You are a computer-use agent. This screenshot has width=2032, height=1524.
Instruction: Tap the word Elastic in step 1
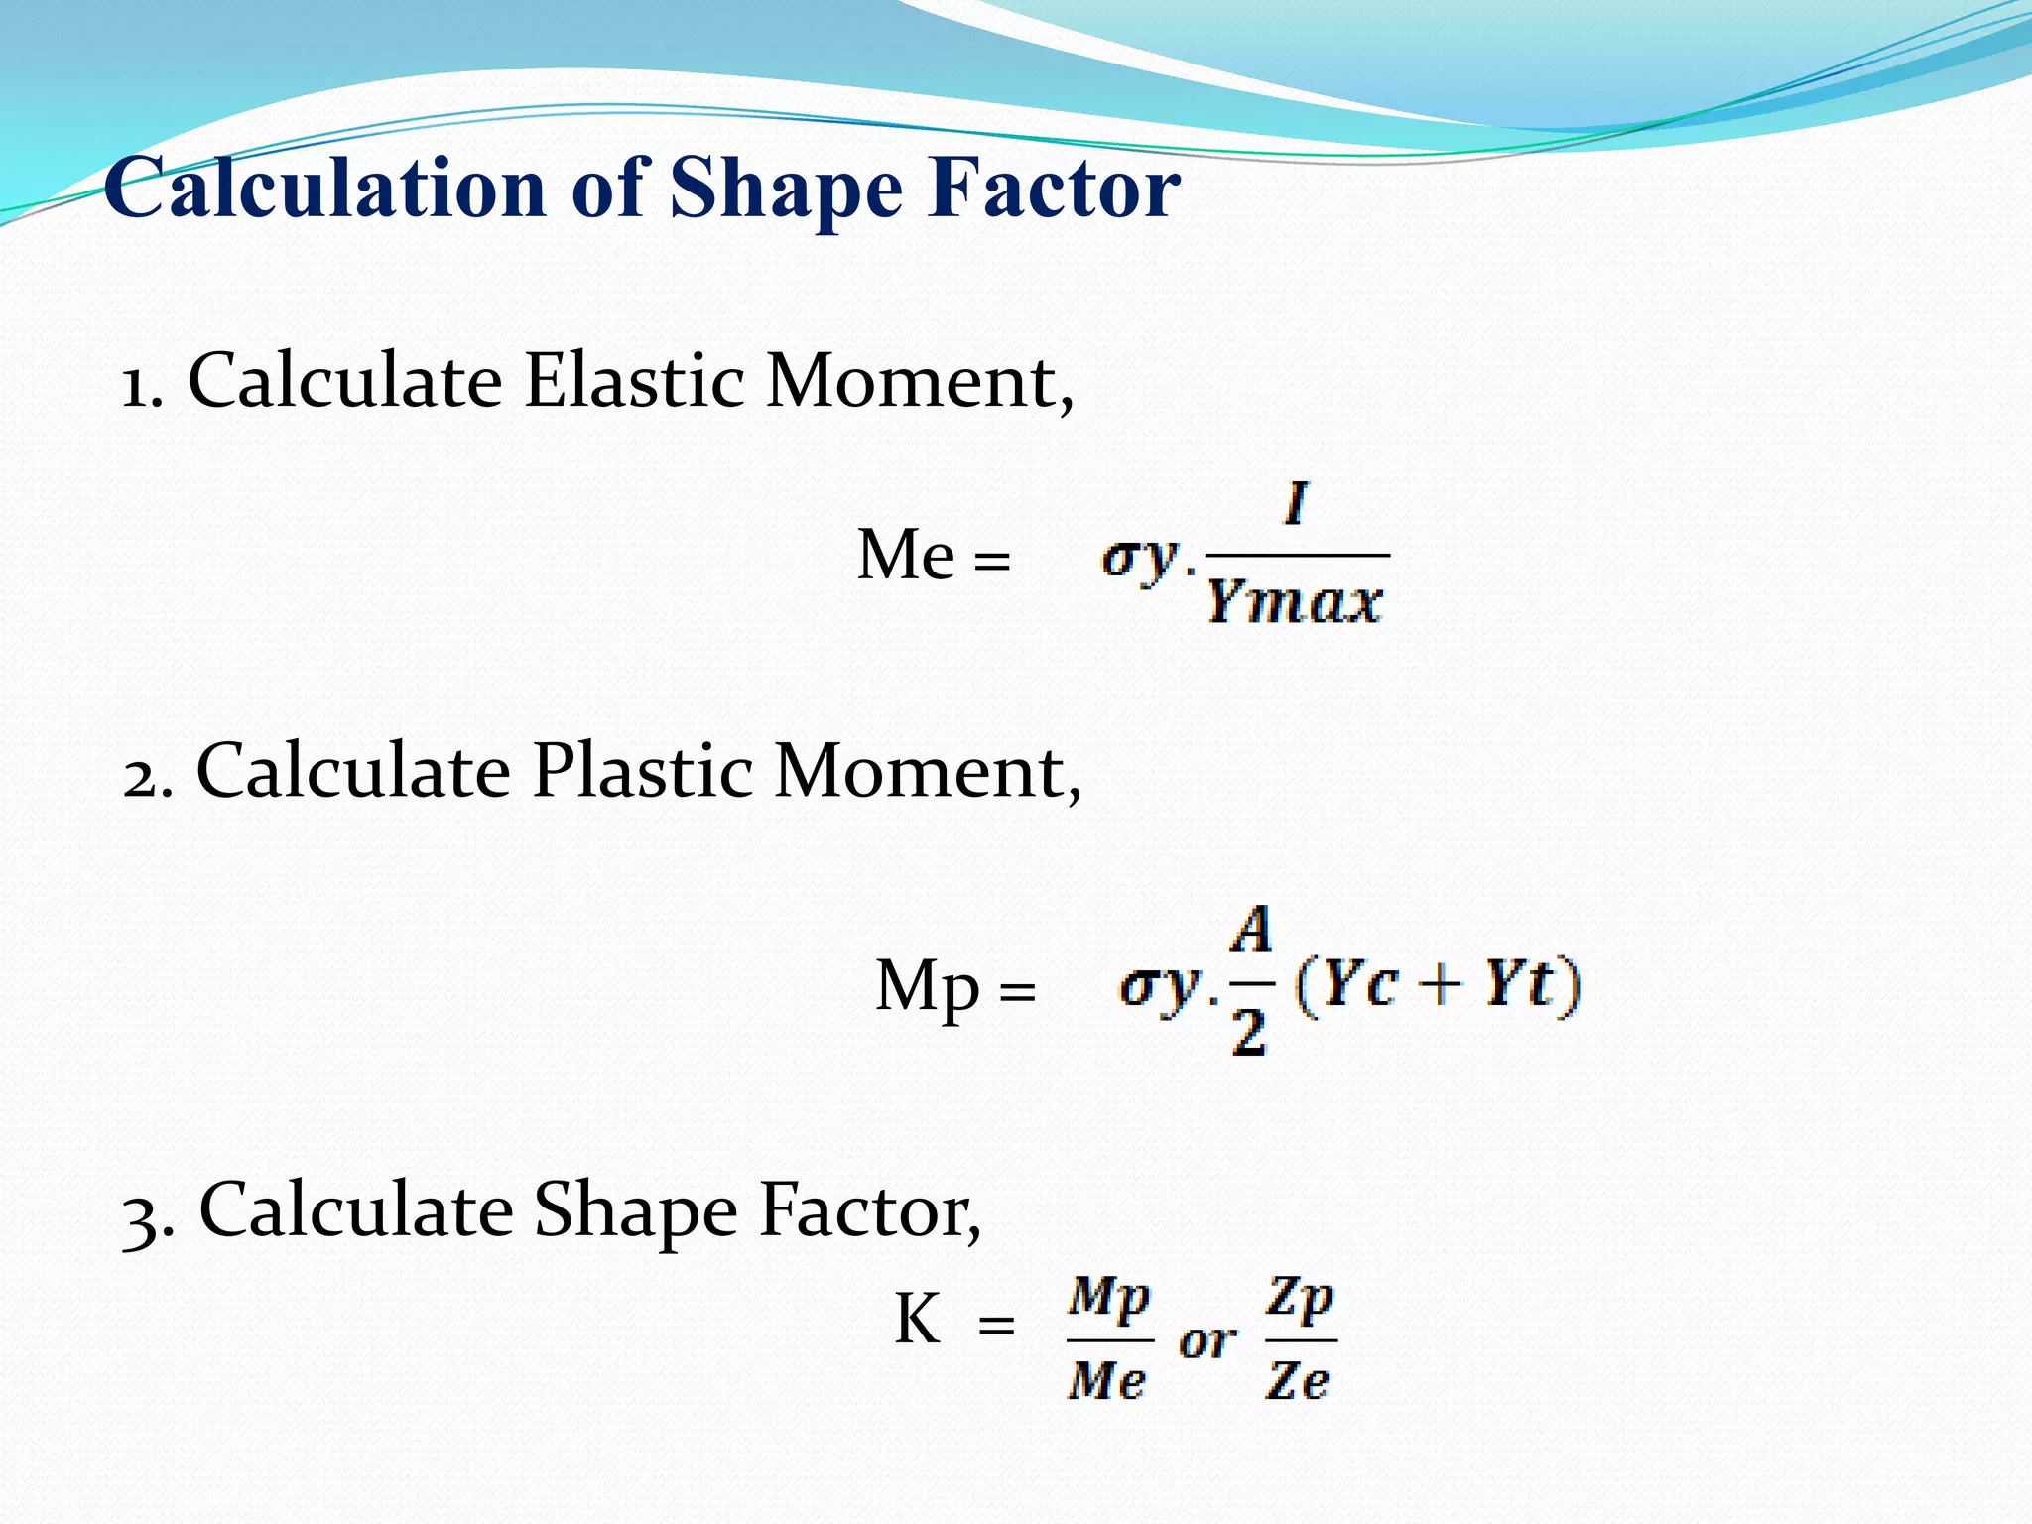click(x=634, y=381)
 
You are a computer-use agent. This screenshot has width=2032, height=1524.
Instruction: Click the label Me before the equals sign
click(x=905, y=555)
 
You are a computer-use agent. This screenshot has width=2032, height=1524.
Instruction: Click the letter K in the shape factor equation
click(x=916, y=1321)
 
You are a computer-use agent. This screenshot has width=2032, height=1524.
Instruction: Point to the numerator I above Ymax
click(x=1295, y=504)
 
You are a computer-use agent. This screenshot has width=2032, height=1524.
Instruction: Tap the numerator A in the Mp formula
click(x=1251, y=931)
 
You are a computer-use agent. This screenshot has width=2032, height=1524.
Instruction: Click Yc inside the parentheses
click(x=1359, y=985)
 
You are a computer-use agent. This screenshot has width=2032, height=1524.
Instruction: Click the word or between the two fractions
click(x=1207, y=1342)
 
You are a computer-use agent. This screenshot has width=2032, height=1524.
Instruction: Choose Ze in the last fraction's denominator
click(x=1297, y=1380)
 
